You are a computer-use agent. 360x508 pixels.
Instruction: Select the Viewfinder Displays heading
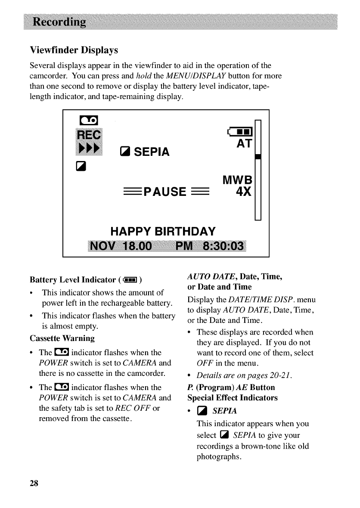tap(74, 50)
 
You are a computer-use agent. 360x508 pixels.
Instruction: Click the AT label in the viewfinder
tap(244, 144)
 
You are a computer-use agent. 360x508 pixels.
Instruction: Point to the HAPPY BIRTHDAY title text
tap(163, 232)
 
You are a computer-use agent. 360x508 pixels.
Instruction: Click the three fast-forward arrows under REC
tap(88, 148)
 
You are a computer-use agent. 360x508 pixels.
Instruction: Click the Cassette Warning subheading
tap(62, 338)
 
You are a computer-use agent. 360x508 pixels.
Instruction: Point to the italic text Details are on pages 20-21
tap(244, 376)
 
